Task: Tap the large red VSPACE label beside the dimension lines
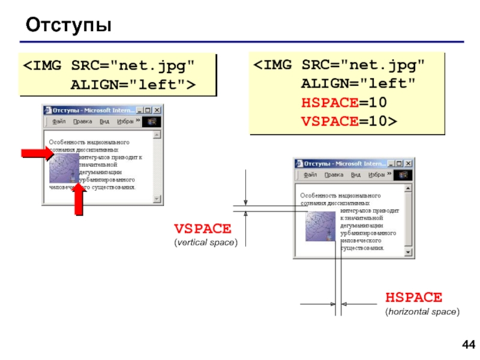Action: click(x=202, y=229)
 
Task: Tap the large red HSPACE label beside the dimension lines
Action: click(x=413, y=297)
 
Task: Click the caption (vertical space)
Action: click(x=206, y=242)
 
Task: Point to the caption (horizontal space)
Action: click(x=422, y=311)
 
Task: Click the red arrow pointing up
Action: click(x=78, y=200)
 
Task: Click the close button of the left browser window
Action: click(x=157, y=110)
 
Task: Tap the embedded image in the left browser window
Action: click(x=64, y=168)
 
